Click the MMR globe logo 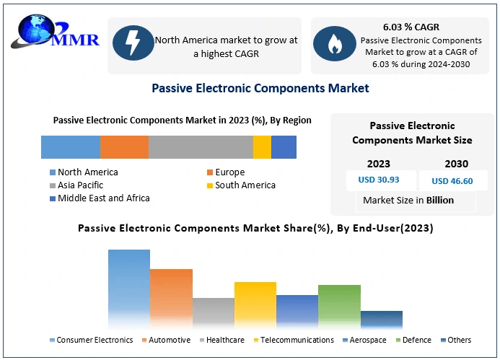[x=55, y=32]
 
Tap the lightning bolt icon [x=133, y=43]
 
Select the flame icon [x=335, y=44]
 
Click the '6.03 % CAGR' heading [x=411, y=27]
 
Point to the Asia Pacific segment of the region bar [x=201, y=147]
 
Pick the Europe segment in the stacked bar [x=124, y=147]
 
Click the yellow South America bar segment [x=262, y=147]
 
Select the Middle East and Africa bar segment [x=284, y=147]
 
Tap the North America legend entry [x=84, y=172]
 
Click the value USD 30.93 [x=379, y=180]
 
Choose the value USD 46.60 [x=452, y=181]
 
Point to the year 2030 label [x=457, y=164]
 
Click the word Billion [x=440, y=201]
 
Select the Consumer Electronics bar [x=129, y=289]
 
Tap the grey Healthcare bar [x=214, y=313]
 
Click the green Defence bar [x=339, y=307]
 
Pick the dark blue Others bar [x=382, y=320]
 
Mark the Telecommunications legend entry [x=294, y=340]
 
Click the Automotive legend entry [x=166, y=340]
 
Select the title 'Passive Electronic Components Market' [x=260, y=88]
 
